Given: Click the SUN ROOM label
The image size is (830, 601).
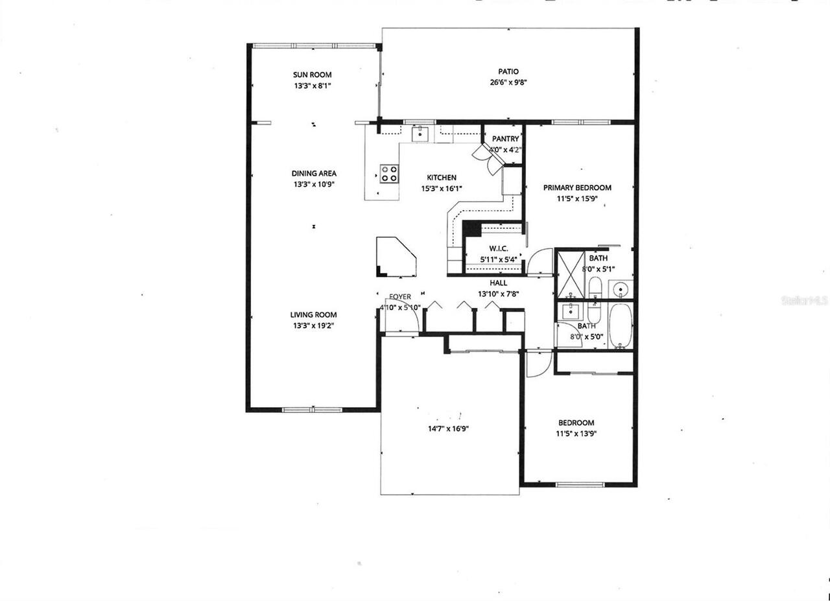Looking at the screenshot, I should pyautogui.click(x=313, y=75).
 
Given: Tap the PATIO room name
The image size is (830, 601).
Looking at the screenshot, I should pyautogui.click(x=508, y=71).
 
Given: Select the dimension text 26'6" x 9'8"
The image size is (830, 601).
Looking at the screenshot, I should pyautogui.click(x=508, y=82).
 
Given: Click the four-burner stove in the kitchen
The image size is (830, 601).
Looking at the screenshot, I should pyautogui.click(x=389, y=173).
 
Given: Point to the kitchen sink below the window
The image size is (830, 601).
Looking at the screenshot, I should pyautogui.click(x=421, y=134).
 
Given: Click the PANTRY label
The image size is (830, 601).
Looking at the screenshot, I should pyautogui.click(x=505, y=139).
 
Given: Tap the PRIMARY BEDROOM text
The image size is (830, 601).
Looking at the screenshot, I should pyautogui.click(x=577, y=188).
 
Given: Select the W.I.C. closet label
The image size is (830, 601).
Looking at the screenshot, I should pyautogui.click(x=498, y=249).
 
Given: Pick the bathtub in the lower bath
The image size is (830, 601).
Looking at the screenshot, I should pyautogui.click(x=620, y=326).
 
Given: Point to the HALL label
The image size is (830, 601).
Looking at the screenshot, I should pyautogui.click(x=499, y=283).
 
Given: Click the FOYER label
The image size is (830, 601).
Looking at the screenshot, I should pyautogui.click(x=400, y=297).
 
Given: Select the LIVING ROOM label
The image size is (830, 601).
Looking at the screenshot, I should pyautogui.click(x=313, y=315).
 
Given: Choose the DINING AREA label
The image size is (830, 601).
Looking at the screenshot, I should pyautogui.click(x=313, y=173).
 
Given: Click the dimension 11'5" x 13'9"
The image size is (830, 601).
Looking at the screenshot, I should pyautogui.click(x=576, y=434).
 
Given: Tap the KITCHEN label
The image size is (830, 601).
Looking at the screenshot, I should pyautogui.click(x=442, y=178).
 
